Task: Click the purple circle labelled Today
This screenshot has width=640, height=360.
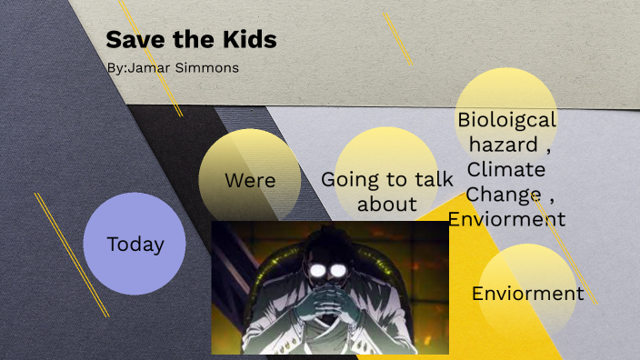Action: (135, 244)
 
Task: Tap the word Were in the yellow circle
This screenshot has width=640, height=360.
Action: (250, 180)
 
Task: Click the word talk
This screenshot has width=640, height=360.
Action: (433, 179)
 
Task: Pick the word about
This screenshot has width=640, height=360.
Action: (386, 204)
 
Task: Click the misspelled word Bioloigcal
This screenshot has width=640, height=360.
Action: (506, 119)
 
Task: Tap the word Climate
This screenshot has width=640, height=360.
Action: (506, 169)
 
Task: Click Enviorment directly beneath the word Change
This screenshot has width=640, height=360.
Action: (506, 219)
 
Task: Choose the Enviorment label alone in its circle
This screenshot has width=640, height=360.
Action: (527, 293)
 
